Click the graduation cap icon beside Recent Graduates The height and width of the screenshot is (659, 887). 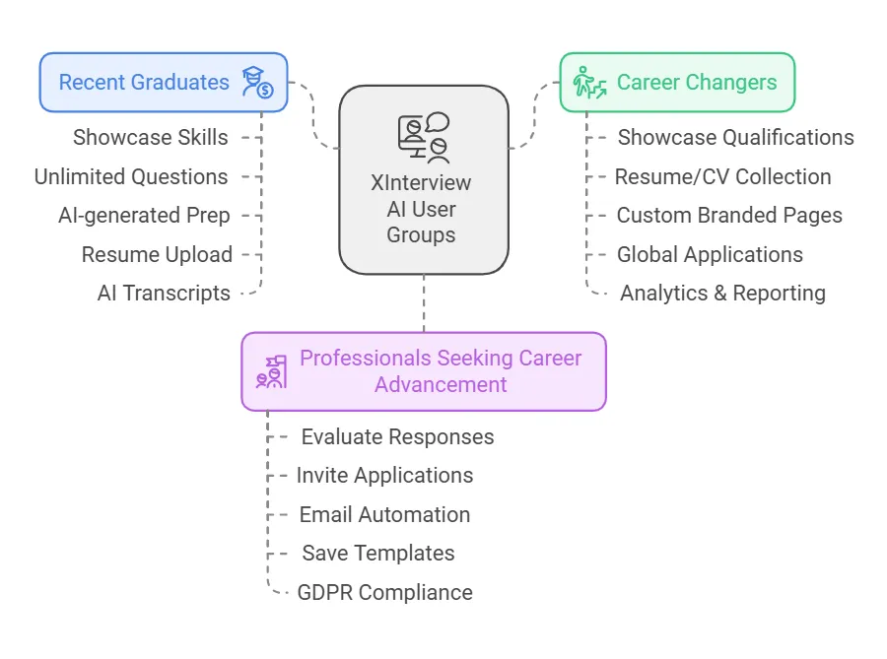pos(257,83)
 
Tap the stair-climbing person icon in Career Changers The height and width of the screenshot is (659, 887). pos(589,82)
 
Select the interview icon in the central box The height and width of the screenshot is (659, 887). pos(424,138)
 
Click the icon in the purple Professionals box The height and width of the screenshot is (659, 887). pos(271,371)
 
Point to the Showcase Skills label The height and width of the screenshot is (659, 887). pos(151,138)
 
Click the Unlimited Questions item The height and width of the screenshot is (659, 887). pos(131,177)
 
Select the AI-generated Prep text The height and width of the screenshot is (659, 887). pos(144,216)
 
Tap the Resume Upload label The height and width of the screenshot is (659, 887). pos(157,254)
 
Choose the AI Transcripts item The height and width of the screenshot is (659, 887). pos(164,293)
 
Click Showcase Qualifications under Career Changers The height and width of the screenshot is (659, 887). pos(735,138)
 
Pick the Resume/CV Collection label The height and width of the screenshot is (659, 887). pos(722,177)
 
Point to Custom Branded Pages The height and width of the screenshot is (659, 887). pos(729,216)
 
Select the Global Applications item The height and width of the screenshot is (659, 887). pos(710,254)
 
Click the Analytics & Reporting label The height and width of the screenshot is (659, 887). pos(722,293)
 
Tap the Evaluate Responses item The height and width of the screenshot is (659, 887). pos(397,436)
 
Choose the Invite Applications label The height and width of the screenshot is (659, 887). pos(384,475)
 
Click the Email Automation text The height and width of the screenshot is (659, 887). pos(384,514)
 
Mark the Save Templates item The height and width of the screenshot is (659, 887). pos(378,553)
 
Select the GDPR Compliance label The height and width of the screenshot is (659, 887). pos(384,592)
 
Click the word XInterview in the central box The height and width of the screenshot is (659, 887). pos(421,183)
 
